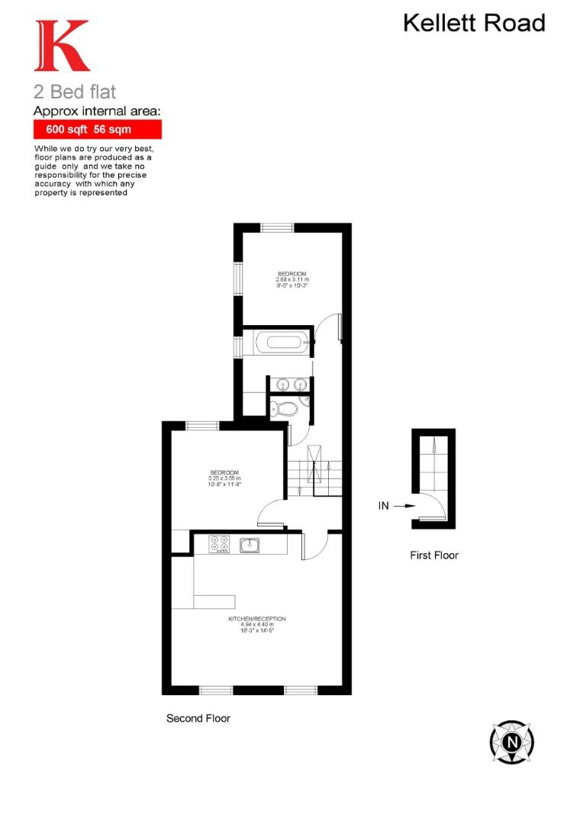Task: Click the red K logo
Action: [x=60, y=47]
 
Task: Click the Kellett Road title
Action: [x=474, y=23]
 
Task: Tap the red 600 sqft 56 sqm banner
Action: [x=97, y=130]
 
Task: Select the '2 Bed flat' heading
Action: [x=75, y=92]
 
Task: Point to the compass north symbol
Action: [x=511, y=741]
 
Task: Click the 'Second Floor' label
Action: [x=198, y=718]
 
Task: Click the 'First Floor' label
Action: [x=434, y=555]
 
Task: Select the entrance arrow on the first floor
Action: [x=405, y=505]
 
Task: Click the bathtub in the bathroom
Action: [x=283, y=343]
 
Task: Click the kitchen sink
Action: [x=250, y=545]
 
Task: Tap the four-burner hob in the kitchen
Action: [x=220, y=545]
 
